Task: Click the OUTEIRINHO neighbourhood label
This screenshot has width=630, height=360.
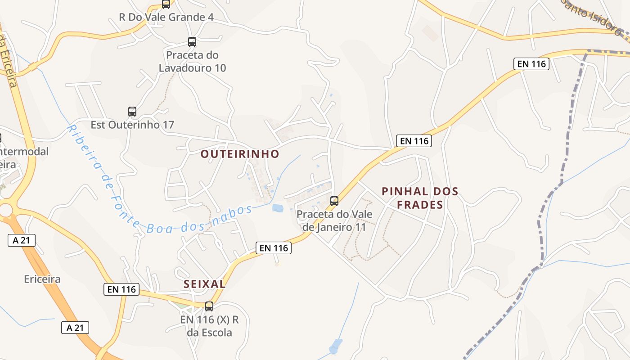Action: (240, 154)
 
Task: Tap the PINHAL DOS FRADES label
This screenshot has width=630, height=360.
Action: (420, 198)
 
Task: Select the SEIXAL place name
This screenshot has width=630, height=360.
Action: (205, 284)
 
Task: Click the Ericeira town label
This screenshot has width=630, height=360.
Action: (42, 279)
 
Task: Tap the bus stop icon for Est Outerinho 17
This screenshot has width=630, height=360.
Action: (132, 111)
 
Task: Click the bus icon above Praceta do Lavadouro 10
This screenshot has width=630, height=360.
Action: (192, 42)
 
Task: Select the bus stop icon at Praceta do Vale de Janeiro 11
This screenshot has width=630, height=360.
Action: (334, 201)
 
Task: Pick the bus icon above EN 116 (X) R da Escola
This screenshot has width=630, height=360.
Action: (209, 306)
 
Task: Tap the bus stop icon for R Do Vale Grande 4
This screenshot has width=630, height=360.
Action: (166, 4)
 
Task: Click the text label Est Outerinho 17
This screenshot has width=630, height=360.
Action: (132, 125)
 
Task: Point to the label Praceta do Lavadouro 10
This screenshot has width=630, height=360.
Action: (192, 62)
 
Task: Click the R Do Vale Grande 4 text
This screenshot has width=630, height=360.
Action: (166, 17)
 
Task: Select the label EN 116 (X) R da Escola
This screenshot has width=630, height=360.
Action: (209, 326)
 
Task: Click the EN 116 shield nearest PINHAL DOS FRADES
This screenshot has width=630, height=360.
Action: (414, 141)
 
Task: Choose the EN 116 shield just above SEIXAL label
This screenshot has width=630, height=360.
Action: (274, 247)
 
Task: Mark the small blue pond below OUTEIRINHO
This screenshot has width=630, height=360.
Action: (278, 208)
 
